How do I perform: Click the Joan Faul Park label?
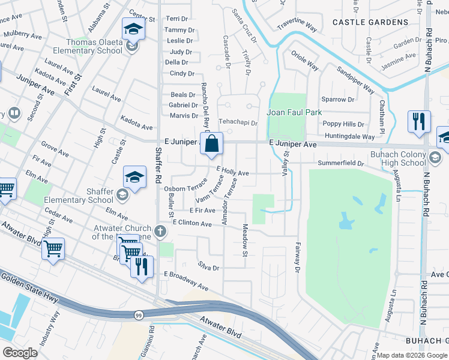[x=294, y=112]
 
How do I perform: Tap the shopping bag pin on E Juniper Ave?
[x=212, y=145]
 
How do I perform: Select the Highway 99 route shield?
[x=137, y=314]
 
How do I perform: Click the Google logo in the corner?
[x=20, y=353]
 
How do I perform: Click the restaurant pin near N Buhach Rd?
[x=418, y=121]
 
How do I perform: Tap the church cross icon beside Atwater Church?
[x=160, y=230]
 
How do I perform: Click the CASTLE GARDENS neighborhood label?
[x=370, y=22]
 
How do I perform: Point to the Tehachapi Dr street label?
[x=237, y=122]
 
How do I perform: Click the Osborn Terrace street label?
[x=185, y=188]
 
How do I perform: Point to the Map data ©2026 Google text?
[x=412, y=355]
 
